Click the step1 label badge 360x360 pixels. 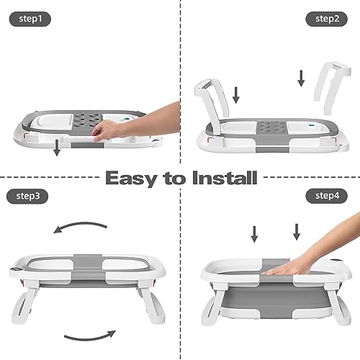click(30, 19)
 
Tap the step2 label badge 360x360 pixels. click(327, 19)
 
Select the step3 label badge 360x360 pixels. click(27, 197)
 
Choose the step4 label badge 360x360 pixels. click(327, 196)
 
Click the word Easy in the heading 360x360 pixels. click(132, 179)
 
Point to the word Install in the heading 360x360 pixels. click(225, 178)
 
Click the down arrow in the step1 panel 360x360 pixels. click(57, 148)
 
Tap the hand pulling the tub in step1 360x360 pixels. click(135, 123)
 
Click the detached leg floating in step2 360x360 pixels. click(333, 88)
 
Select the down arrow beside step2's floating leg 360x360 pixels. click(301, 78)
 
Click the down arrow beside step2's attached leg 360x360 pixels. click(236, 95)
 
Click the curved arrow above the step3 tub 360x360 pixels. click(79, 225)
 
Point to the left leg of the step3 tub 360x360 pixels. click(24, 303)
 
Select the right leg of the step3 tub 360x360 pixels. click(151, 303)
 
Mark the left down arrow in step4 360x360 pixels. click(254, 234)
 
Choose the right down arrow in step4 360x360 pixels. click(297, 232)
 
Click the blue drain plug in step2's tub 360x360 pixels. click(311, 125)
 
